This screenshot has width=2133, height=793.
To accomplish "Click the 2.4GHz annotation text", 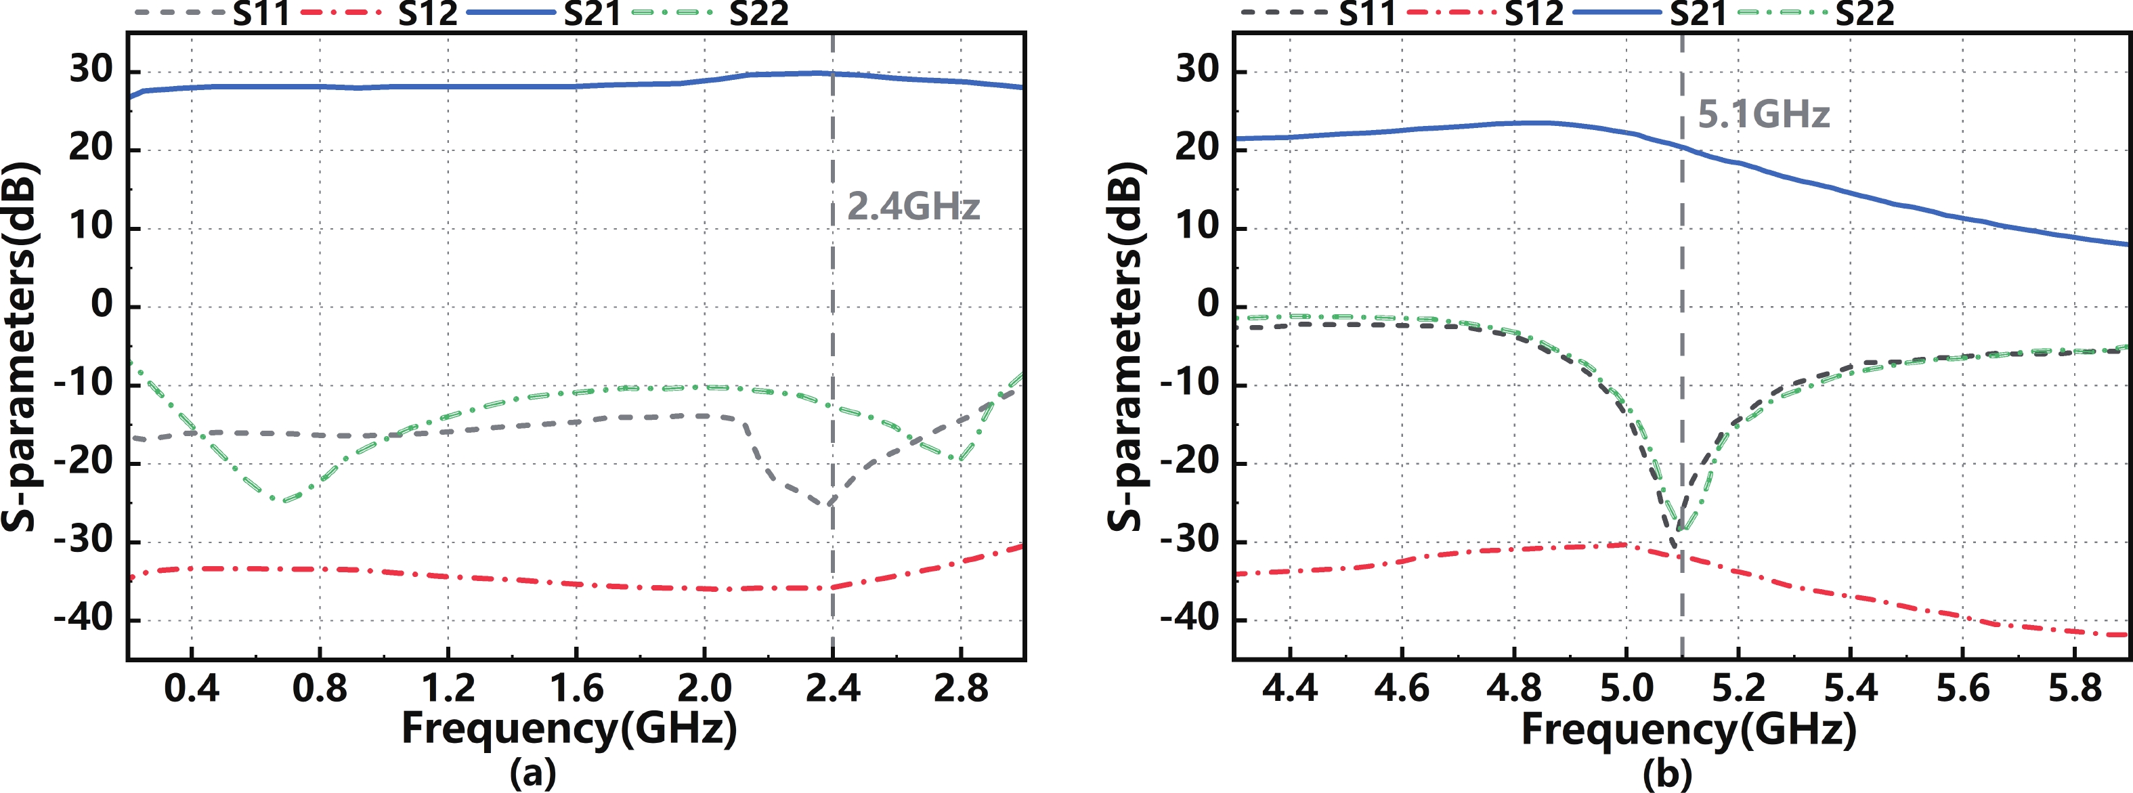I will point(913,206).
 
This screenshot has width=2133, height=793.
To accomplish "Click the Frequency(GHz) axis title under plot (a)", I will point(569,729).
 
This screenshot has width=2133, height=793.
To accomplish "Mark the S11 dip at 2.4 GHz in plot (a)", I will point(829,503).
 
